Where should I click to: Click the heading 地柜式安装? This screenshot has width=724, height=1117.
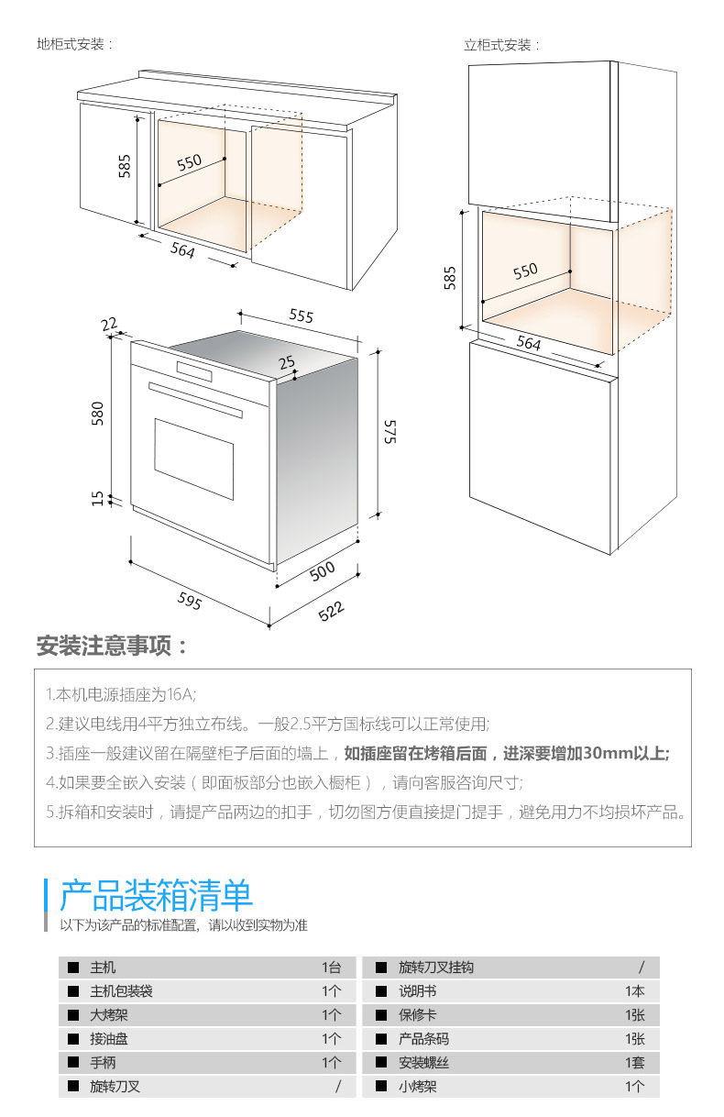click(74, 44)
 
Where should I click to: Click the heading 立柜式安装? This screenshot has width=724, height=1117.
click(501, 45)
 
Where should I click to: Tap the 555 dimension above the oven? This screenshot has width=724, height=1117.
click(301, 315)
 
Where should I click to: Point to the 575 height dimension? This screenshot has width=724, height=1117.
click(389, 430)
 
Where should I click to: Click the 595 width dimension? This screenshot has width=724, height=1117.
click(189, 601)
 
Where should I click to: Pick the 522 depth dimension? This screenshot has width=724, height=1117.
click(331, 610)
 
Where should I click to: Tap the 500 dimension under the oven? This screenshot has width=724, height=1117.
click(322, 570)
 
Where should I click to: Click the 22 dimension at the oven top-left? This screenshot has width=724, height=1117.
click(109, 324)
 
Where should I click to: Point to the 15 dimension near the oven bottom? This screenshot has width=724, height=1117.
click(98, 498)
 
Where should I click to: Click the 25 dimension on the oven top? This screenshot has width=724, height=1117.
click(288, 363)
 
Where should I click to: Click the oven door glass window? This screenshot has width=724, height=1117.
click(193, 445)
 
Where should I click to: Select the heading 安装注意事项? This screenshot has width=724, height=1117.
click(112, 646)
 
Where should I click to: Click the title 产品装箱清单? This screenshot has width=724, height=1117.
click(156, 895)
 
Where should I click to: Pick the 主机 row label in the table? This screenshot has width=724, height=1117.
click(104, 968)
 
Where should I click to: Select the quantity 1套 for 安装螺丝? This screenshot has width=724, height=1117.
click(635, 1063)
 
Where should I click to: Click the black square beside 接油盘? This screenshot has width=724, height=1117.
click(72, 1039)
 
